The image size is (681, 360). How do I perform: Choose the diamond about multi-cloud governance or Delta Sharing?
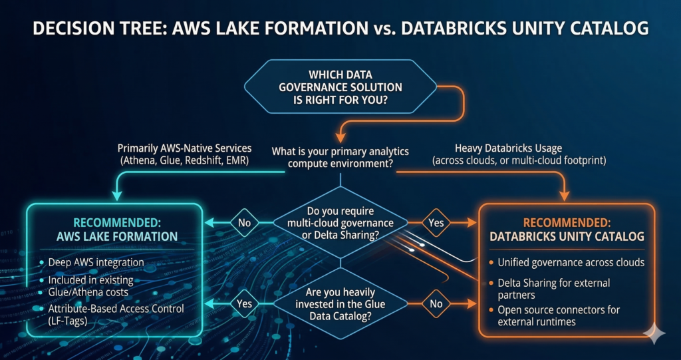point(340,223)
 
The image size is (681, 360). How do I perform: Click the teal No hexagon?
point(244,223)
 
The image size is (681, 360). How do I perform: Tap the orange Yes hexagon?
point(436,223)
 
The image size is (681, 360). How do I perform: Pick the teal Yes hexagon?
point(244,303)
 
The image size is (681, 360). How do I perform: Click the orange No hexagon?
point(436,303)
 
